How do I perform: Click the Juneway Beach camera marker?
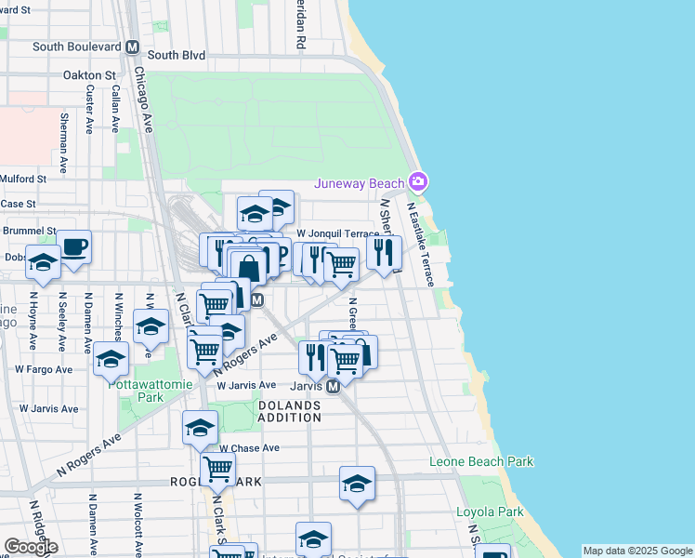click(419, 180)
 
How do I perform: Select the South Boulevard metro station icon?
click(133, 46)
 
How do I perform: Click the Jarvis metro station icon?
click(331, 385)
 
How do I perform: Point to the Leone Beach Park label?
click(481, 461)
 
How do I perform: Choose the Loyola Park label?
click(489, 511)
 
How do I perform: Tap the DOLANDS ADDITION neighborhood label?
click(289, 412)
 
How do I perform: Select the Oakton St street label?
click(89, 75)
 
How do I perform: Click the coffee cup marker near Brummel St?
click(74, 247)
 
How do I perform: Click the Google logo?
click(31, 547)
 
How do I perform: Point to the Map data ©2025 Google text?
click(636, 551)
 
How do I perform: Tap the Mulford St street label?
click(24, 179)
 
